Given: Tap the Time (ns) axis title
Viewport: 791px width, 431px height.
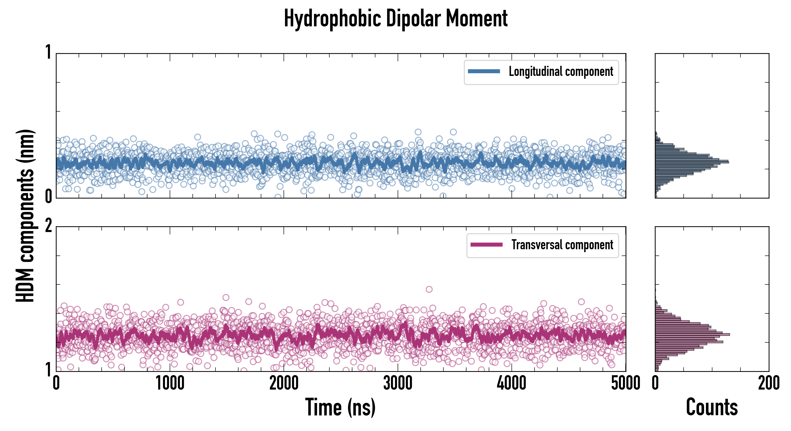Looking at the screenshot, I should (x=340, y=407).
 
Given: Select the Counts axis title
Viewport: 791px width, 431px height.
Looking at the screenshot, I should (x=712, y=407).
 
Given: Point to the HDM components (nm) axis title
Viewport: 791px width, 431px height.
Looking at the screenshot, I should (x=25, y=216).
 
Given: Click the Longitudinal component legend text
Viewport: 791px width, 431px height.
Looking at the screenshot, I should (x=561, y=72).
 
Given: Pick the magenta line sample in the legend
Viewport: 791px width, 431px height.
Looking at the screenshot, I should (x=486, y=245).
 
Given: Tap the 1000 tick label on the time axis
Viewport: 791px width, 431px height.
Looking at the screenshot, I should (x=170, y=383).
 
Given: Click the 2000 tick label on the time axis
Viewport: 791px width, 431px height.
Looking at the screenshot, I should (x=284, y=383).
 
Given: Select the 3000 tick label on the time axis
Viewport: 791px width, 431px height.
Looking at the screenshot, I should (x=398, y=383).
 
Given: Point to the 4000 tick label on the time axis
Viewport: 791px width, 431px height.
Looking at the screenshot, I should (x=512, y=383).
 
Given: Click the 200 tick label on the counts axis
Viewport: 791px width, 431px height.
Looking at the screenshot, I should (x=768, y=383).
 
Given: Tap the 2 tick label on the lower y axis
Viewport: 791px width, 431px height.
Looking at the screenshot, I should (x=48, y=226).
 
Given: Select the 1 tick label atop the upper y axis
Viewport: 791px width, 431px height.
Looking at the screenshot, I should (x=48, y=52).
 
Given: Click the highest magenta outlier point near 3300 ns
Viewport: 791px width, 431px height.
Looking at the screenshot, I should (x=429, y=289).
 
